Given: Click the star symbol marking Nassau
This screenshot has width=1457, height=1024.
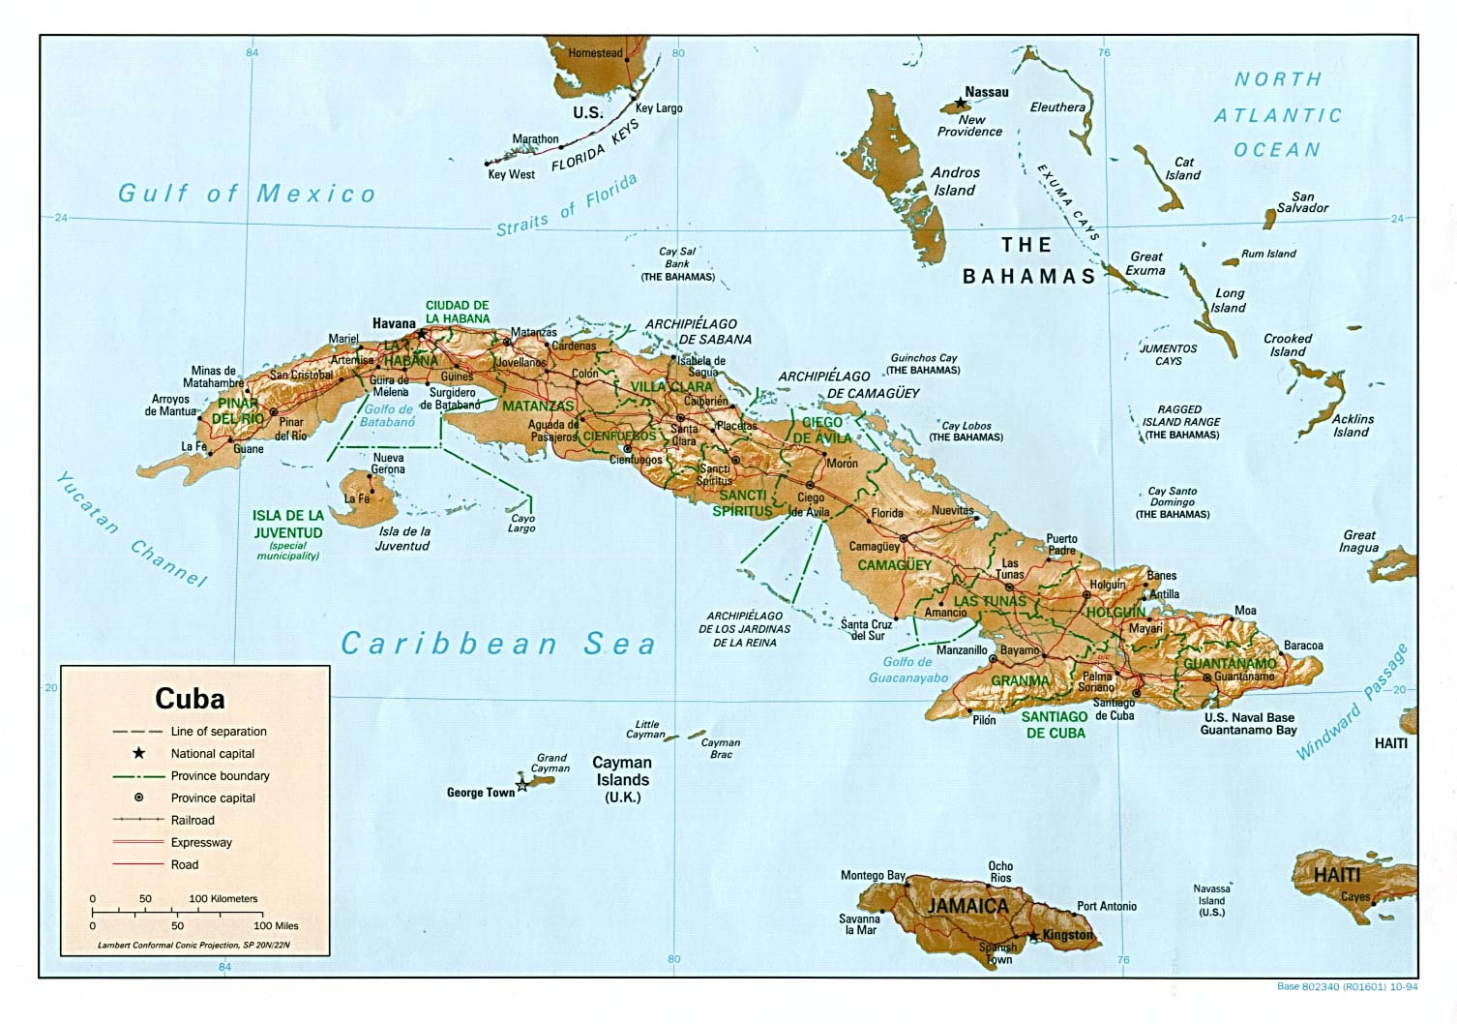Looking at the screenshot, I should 960,102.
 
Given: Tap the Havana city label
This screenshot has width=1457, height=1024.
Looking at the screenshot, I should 394,324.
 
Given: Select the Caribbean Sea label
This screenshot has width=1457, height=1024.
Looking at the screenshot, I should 498,644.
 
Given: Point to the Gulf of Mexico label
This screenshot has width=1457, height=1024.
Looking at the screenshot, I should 247,194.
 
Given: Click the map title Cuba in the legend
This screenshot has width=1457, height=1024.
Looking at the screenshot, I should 190,699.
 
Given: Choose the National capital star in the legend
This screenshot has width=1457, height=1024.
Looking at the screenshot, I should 139,753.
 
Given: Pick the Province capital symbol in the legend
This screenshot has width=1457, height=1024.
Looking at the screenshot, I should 139,798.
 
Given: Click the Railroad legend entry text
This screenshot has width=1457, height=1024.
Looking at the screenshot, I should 193,820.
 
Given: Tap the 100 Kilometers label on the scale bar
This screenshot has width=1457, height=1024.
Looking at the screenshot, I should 223,898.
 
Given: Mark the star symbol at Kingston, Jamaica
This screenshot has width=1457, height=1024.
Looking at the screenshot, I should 1033,936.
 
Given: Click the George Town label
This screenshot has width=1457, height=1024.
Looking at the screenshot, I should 481,793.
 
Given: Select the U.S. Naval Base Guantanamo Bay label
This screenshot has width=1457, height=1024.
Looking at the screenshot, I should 1248,724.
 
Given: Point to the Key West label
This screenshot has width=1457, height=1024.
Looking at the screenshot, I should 511,174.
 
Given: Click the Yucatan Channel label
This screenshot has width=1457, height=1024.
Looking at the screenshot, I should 130,529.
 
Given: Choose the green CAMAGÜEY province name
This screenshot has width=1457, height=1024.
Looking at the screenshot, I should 894,564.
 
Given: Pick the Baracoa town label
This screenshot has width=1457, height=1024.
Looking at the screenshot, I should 1303,646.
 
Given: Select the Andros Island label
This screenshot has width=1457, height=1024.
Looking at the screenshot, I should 955,181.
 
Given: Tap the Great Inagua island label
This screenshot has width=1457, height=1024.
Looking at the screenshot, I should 1358,541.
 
